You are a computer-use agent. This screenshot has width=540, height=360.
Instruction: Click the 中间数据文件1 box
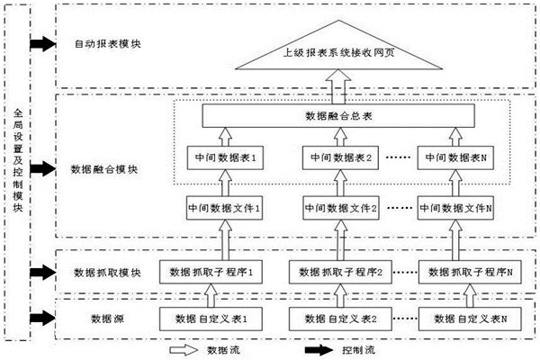coord(223,207)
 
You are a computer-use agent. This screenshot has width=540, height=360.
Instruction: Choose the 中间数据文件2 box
coord(339,207)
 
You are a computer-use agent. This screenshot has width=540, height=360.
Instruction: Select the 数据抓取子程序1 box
coord(210,271)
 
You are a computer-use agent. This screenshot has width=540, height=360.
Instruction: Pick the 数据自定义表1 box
coord(210,318)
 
